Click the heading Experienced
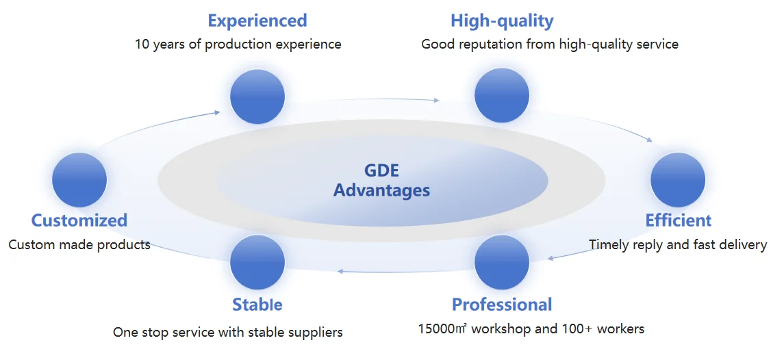click(257, 21)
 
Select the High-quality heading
click(502, 21)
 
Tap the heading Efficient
click(678, 220)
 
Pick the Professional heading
click(502, 305)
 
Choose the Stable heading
click(257, 305)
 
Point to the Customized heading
click(79, 220)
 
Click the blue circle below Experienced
click(257, 97)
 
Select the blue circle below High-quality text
click(502, 96)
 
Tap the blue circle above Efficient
click(678, 180)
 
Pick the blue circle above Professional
click(502, 262)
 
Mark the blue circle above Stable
click(257, 262)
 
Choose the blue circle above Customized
click(79, 180)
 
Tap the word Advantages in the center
click(381, 190)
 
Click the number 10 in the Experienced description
click(142, 44)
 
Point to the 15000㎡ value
click(442, 329)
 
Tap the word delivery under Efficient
click(743, 245)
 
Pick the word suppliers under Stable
click(314, 333)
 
